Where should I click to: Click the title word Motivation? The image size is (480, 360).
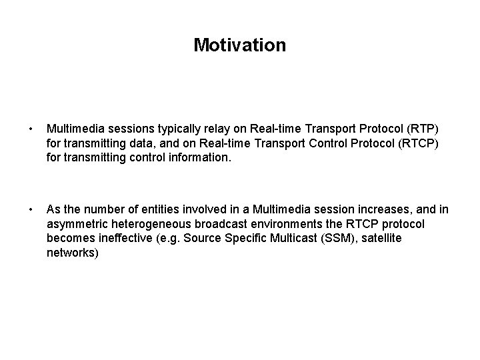[x=239, y=45]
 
